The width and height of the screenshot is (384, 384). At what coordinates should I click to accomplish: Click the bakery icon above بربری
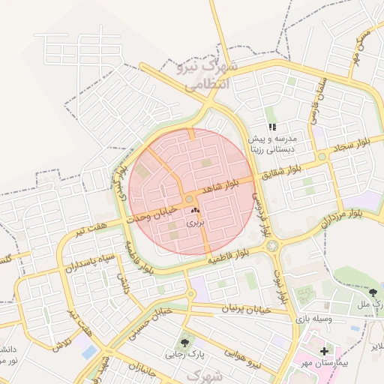tap(195, 212)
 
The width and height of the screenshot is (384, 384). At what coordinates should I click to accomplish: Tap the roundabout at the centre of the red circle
tap(187, 199)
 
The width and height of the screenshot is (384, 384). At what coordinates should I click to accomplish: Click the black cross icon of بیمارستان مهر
tap(324, 350)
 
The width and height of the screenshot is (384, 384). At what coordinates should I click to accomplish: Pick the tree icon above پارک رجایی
tap(184, 342)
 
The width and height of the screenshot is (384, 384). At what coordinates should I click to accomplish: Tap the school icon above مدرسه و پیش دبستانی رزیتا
tap(272, 127)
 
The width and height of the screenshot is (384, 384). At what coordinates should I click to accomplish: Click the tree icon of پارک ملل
tap(374, 292)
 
